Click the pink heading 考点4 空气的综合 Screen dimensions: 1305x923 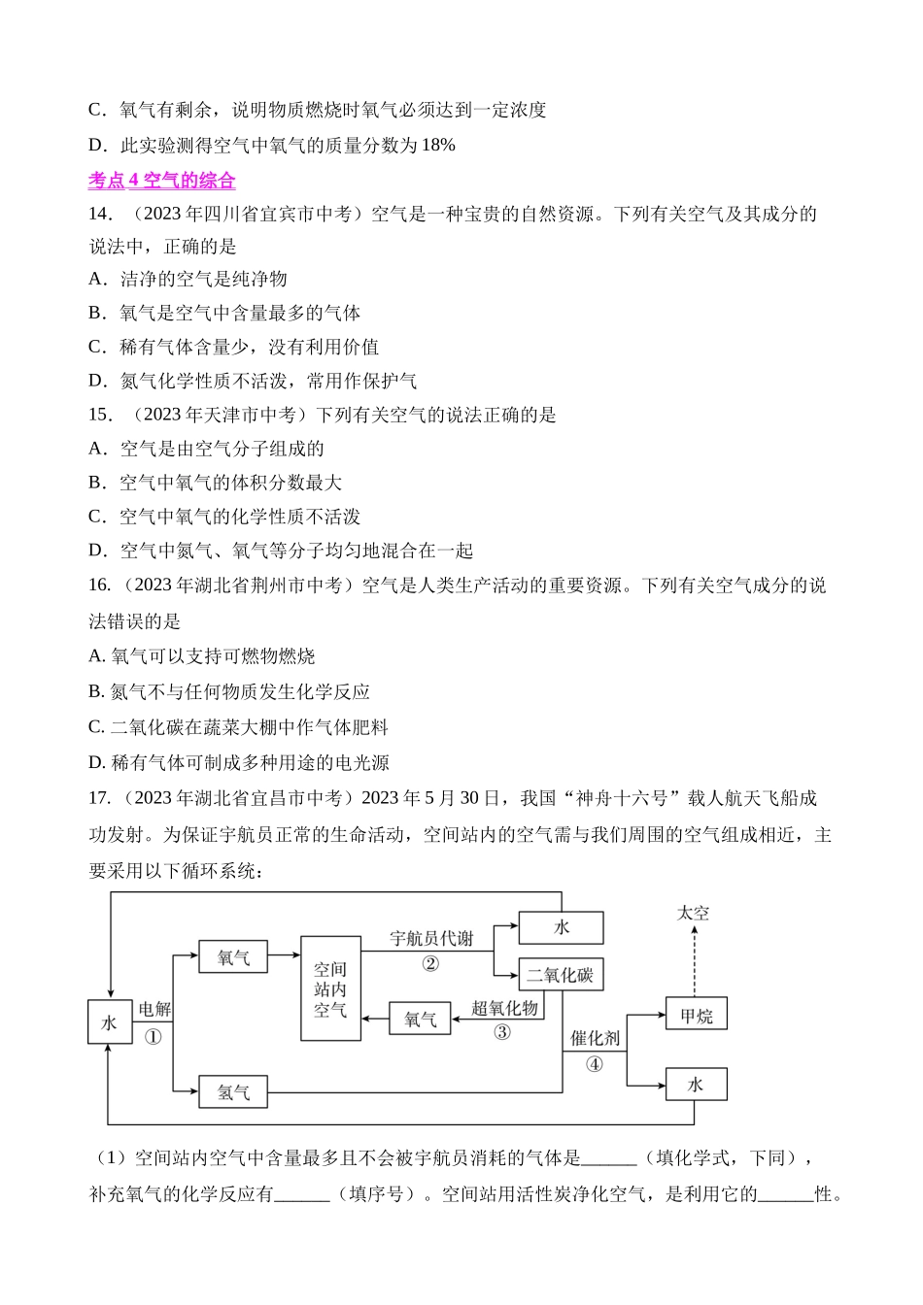[161, 181]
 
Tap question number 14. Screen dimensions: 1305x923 [100, 214]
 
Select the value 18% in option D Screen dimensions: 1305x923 [438, 146]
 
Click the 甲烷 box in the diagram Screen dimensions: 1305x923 [696, 1016]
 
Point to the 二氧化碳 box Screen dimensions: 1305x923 [561, 975]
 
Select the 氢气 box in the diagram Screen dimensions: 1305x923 [233, 1092]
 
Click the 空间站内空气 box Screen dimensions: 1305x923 [330, 988]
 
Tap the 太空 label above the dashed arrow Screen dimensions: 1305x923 [693, 913]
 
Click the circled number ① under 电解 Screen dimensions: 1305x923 [153, 1037]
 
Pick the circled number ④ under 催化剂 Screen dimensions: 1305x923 [595, 1064]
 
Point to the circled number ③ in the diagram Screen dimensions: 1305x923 [502, 1032]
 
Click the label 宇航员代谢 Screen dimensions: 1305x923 [431, 938]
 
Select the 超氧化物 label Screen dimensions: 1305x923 [504, 1008]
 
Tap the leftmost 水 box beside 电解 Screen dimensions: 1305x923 [110, 1021]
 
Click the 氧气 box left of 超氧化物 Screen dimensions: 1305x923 [420, 1019]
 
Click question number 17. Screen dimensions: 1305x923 [99, 798]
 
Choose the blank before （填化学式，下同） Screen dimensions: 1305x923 [609, 1158]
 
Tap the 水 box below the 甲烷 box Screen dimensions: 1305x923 [696, 1084]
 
